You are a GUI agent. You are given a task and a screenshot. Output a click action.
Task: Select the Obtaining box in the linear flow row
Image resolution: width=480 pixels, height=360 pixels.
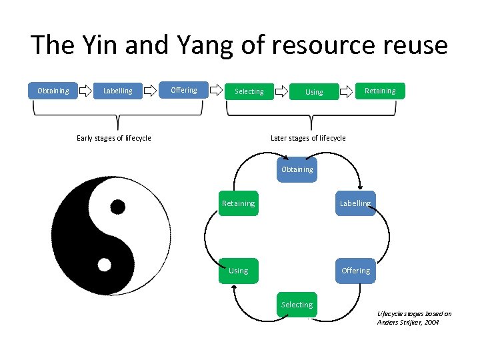click(x=53, y=91)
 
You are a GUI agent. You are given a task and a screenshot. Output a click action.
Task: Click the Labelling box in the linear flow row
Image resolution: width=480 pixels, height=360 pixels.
click(x=117, y=91)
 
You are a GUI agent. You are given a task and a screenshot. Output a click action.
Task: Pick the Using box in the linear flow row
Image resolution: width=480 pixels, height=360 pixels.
click(x=313, y=92)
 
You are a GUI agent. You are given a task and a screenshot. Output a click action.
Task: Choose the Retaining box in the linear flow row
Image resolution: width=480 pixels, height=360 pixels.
click(x=379, y=91)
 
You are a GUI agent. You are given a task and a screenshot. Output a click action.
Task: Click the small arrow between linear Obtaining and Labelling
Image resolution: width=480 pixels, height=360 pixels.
click(x=85, y=89)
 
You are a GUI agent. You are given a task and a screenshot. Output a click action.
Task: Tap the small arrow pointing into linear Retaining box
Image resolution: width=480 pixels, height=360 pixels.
click(x=347, y=91)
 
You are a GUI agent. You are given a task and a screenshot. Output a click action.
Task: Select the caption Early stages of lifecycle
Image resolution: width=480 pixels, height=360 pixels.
click(x=114, y=138)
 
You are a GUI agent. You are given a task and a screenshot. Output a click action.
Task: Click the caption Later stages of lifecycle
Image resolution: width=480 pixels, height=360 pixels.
click(x=308, y=138)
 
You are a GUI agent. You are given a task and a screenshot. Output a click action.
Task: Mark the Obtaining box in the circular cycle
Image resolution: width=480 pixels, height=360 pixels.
click(x=297, y=169)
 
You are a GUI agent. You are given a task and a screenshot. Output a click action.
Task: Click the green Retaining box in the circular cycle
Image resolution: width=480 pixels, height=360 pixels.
click(x=238, y=203)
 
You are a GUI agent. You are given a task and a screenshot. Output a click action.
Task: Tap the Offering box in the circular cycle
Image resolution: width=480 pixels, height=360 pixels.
click(x=355, y=271)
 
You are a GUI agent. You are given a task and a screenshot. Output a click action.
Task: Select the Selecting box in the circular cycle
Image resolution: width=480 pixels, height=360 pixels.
click(x=297, y=305)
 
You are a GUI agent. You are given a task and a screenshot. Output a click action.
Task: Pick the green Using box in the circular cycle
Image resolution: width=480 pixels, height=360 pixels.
click(x=238, y=271)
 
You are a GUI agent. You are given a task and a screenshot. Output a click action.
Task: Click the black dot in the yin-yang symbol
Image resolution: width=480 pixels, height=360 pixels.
click(x=117, y=206)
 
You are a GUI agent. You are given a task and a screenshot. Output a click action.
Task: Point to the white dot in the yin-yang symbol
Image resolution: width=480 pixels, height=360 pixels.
click(x=104, y=265)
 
